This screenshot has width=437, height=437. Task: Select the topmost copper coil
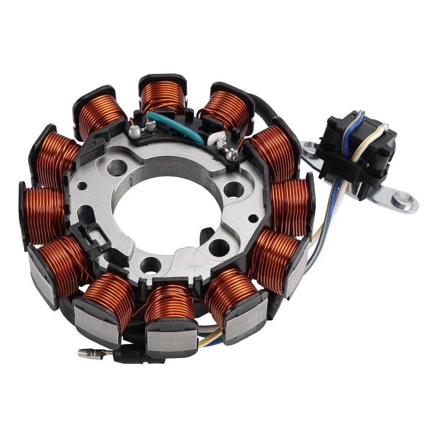[163, 96]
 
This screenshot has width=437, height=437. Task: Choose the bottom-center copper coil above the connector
[169, 303]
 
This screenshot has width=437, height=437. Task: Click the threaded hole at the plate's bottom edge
[150, 265]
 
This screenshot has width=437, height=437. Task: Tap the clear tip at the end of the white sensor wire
[385, 126]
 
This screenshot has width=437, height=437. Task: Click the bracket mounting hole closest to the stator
[310, 149]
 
